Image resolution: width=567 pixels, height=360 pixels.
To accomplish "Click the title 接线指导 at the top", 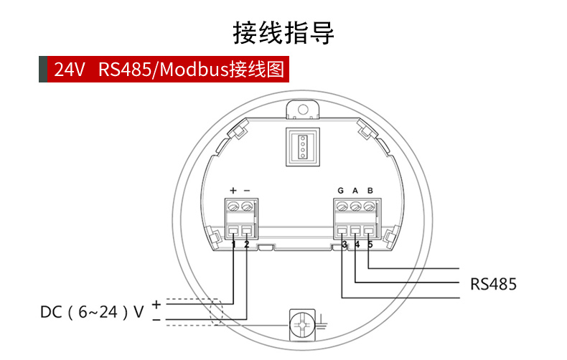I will tap(283, 32).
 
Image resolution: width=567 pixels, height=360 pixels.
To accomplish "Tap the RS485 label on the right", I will tap(493, 284).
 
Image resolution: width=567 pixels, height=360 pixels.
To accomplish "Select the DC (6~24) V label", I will tap(92, 312).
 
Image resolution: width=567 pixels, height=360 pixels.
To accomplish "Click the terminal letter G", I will tap(341, 191).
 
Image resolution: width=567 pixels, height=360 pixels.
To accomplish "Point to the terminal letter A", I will tap(355, 191).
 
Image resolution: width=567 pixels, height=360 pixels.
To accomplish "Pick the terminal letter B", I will tap(370, 191).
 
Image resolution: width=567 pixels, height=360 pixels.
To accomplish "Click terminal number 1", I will tap(234, 245).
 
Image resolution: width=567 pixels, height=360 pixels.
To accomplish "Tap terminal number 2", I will tap(247, 245).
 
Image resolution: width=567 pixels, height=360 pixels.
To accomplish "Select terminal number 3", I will tap(345, 245).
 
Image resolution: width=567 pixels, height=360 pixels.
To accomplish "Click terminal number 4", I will tap(357, 245).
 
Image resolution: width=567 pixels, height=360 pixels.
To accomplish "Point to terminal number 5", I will tap(370, 245).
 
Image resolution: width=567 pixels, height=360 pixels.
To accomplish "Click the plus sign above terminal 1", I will tap(233, 191).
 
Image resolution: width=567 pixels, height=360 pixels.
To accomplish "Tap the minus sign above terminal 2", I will tap(247, 191).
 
